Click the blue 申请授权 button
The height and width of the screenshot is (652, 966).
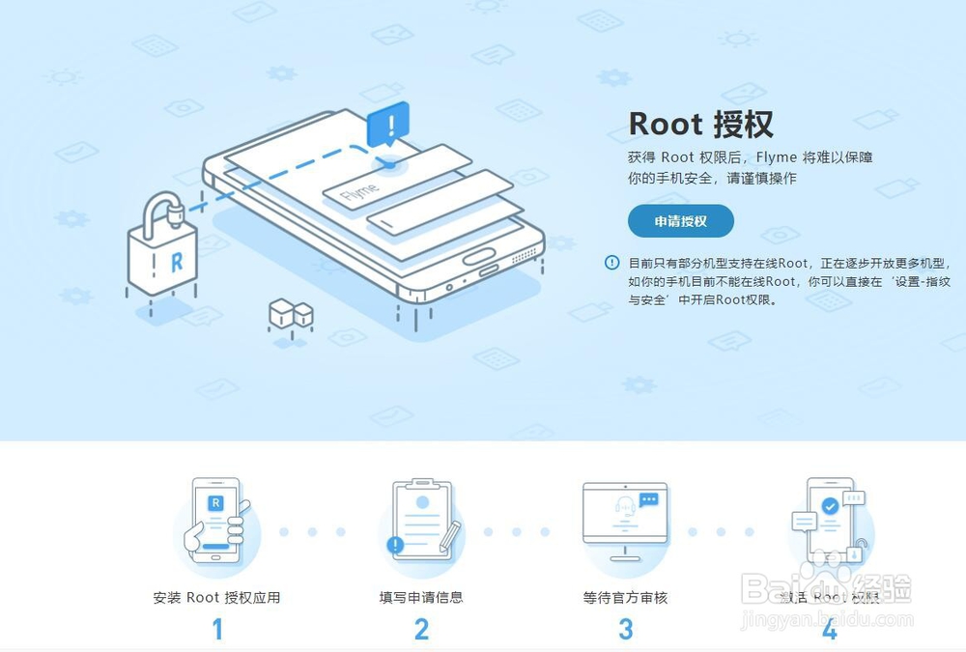pos(680,221)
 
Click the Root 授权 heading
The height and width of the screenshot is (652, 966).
pos(700,124)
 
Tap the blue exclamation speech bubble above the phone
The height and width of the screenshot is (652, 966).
pos(388,126)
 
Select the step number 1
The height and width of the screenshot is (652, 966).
pos(217,630)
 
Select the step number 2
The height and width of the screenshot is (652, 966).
pos(421,630)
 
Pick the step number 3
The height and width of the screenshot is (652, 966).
pos(625,630)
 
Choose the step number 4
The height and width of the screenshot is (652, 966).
pos(829,630)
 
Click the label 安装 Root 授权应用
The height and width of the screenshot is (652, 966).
pos(216,598)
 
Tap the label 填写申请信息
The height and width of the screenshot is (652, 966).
pos(421,598)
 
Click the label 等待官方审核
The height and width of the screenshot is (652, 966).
pos(625,598)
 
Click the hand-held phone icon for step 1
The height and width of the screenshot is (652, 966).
pos(218,522)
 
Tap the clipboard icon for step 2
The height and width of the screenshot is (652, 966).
pos(419,522)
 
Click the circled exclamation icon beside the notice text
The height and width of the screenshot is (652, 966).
pos(611,263)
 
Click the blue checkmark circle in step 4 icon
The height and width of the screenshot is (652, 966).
pos(829,505)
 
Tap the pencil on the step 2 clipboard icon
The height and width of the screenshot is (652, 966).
pos(449,537)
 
